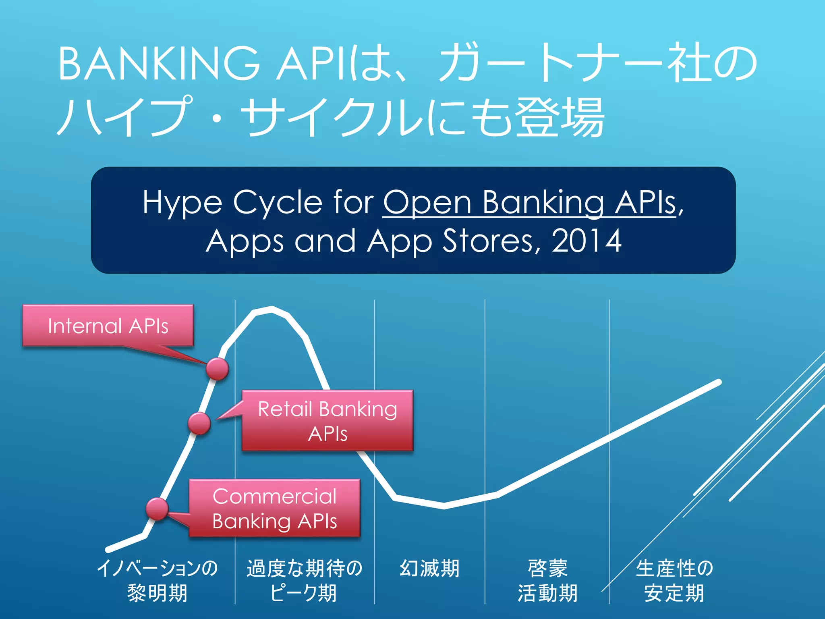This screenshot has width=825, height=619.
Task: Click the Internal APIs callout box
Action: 108,326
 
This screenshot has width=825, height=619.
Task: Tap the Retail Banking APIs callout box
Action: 328,421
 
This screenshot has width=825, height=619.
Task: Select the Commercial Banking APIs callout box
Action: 274,508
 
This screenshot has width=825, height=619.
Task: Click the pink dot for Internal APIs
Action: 218,368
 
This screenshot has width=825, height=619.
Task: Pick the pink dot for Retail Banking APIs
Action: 199,423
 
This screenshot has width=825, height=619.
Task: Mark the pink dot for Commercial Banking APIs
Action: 157,509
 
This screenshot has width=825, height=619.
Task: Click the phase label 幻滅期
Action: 429,568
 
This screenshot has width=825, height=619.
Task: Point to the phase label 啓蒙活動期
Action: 547,580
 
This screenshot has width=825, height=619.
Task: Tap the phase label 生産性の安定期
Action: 674,580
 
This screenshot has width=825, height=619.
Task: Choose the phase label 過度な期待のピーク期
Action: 305,580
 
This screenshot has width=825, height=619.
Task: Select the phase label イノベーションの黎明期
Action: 158,580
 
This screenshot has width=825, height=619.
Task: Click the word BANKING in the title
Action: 159,64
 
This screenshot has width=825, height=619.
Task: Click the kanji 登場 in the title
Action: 560,117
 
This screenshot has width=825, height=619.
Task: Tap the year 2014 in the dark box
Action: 587,241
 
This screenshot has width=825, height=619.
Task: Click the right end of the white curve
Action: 719,382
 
